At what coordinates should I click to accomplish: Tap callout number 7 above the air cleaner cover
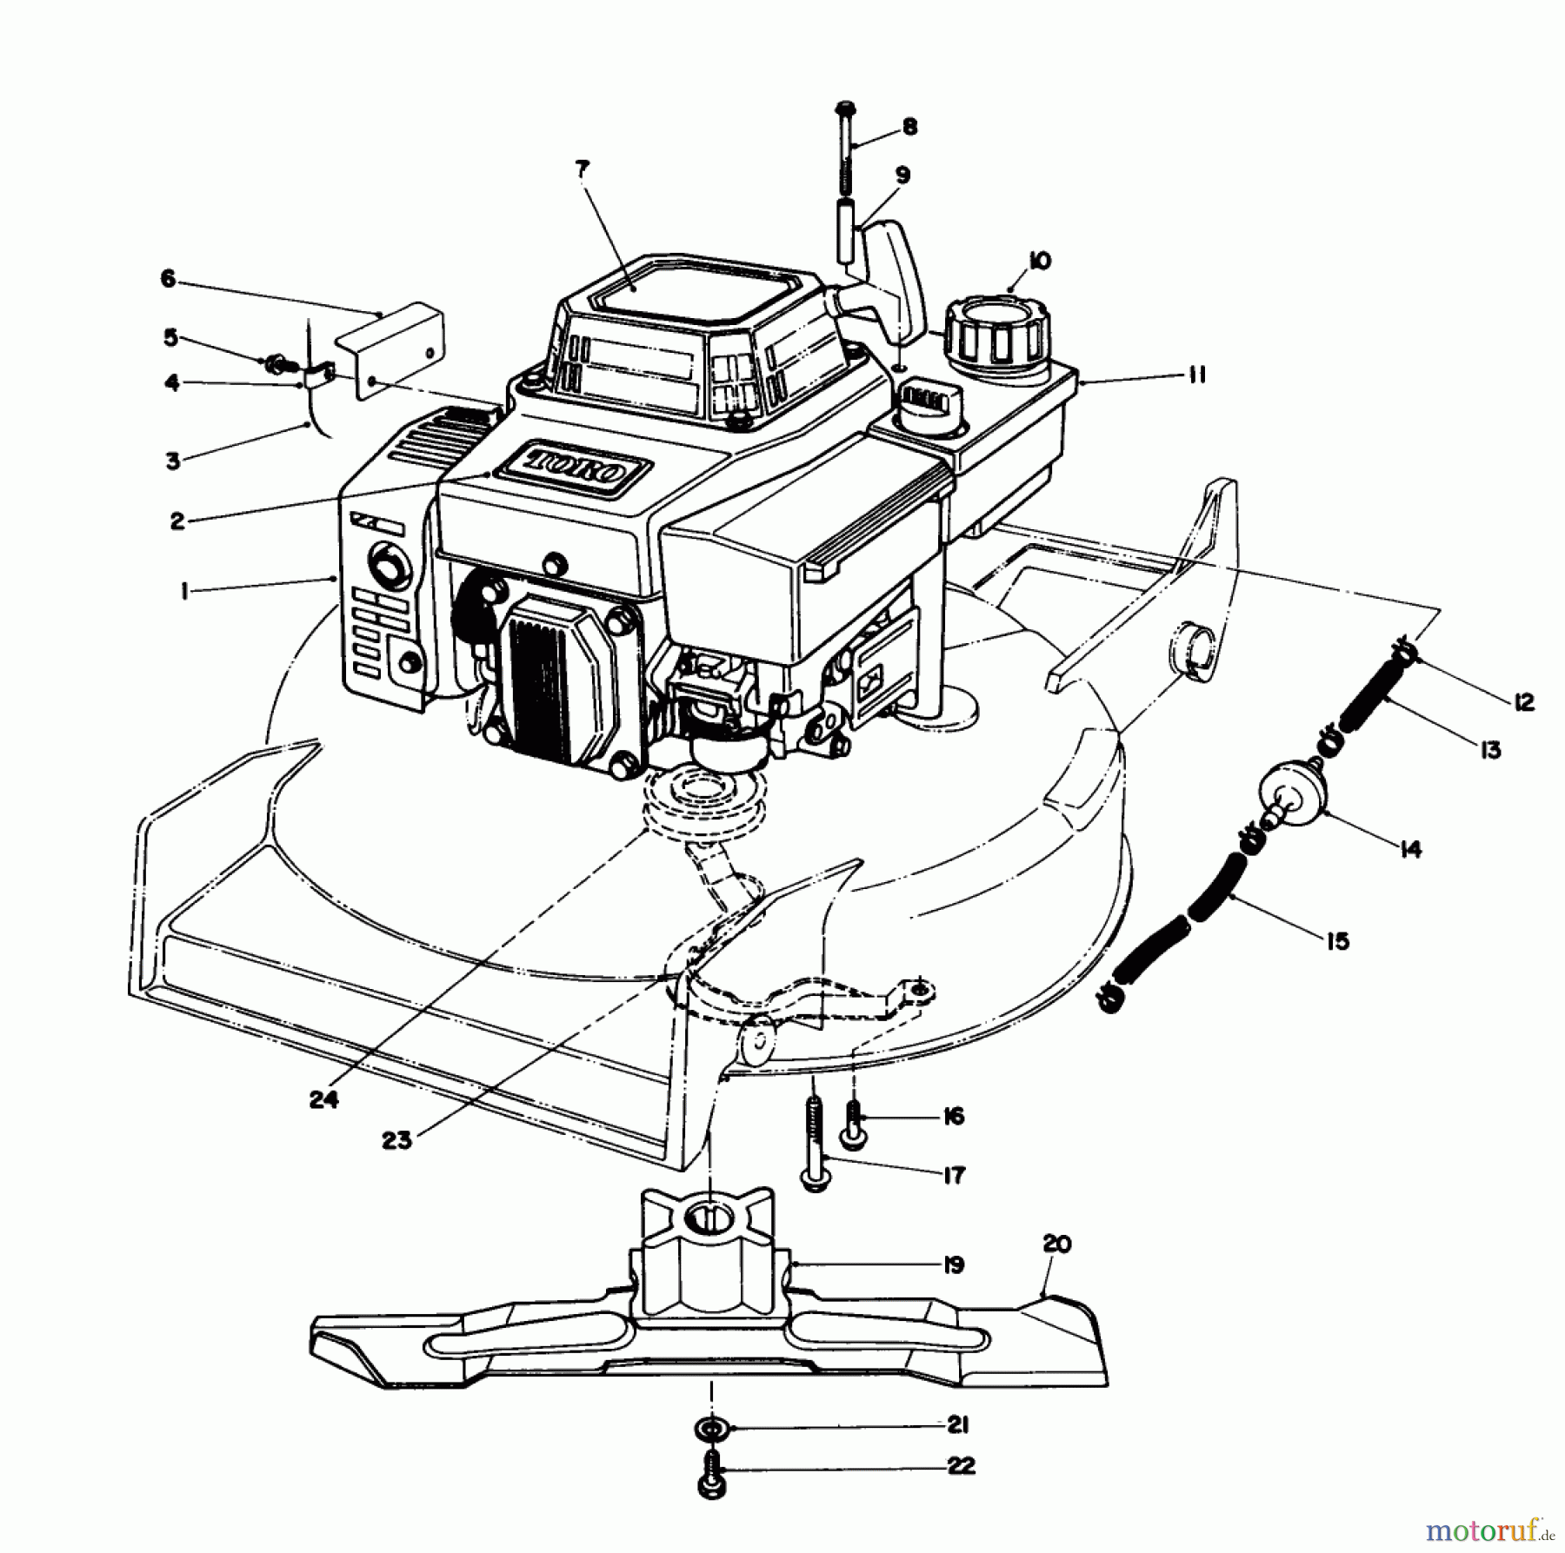click(581, 170)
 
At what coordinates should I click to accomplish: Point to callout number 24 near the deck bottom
click(323, 1099)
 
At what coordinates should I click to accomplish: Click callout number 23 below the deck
click(396, 1140)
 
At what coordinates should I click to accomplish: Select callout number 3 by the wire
click(173, 461)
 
